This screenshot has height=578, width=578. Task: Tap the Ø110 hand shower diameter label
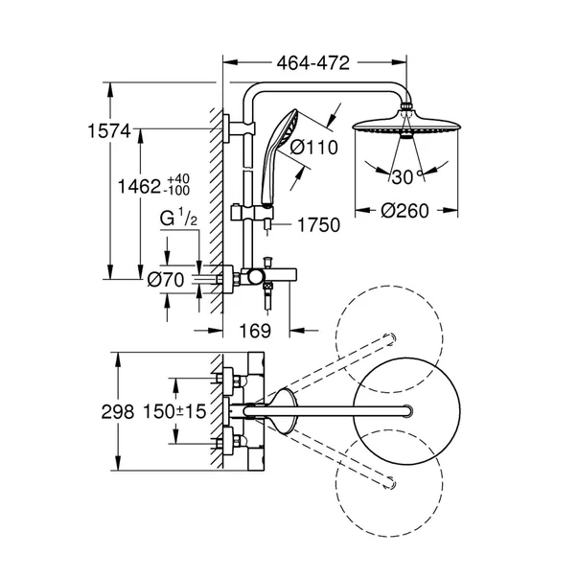tap(310, 148)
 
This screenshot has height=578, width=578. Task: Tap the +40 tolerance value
tap(197, 178)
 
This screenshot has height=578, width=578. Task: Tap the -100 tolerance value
tap(199, 193)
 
